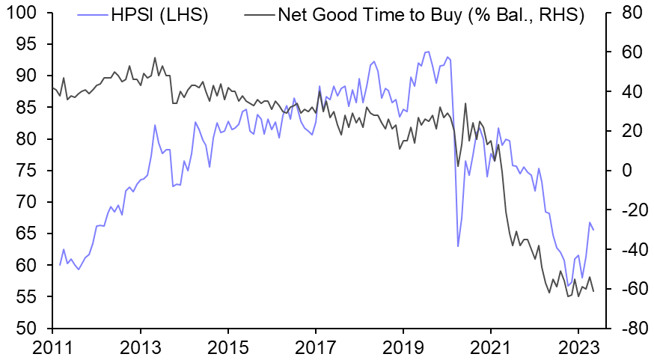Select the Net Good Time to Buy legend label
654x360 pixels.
click(430, 13)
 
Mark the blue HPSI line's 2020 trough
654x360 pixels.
click(458, 246)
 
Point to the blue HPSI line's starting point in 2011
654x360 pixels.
click(60, 265)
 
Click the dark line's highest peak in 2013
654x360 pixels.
click(155, 58)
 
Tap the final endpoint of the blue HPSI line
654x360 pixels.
click(593, 230)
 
